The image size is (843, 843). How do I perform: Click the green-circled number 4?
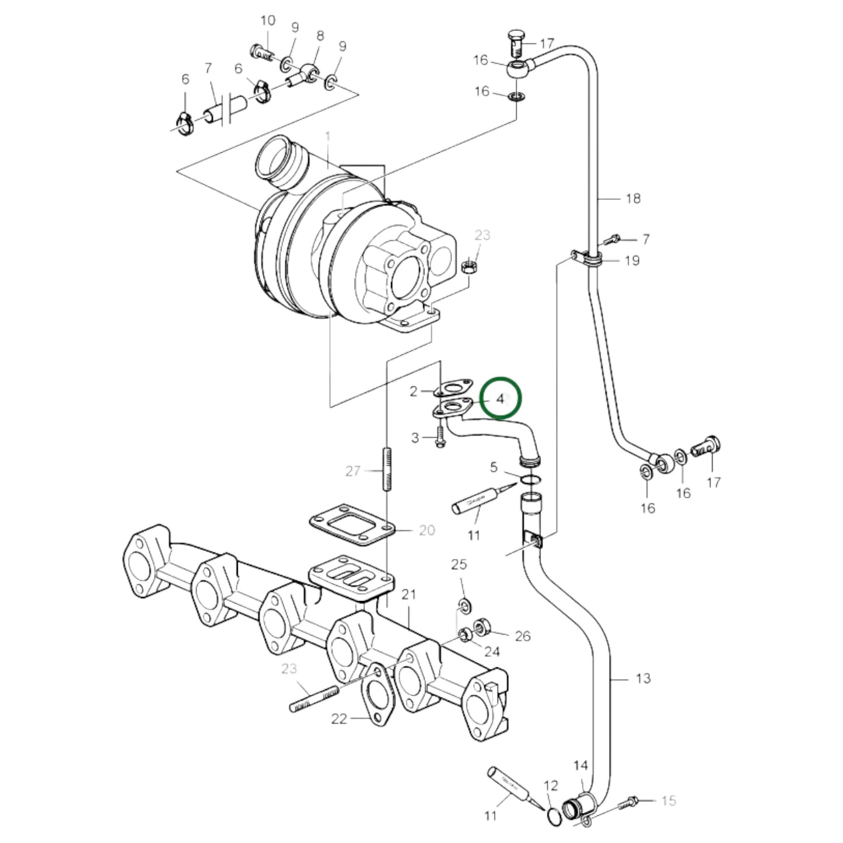pos(501,399)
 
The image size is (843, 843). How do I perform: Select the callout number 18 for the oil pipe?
pos(632,198)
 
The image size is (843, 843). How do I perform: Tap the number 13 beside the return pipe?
pos(642,678)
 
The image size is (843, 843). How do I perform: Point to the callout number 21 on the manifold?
pos(408,594)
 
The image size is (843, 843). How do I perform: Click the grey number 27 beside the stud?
pos(352,470)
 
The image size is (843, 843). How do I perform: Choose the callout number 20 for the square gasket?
pos(426,530)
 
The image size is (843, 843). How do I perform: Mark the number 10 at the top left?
pos(267,21)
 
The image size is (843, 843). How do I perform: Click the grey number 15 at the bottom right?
pos(668,800)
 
